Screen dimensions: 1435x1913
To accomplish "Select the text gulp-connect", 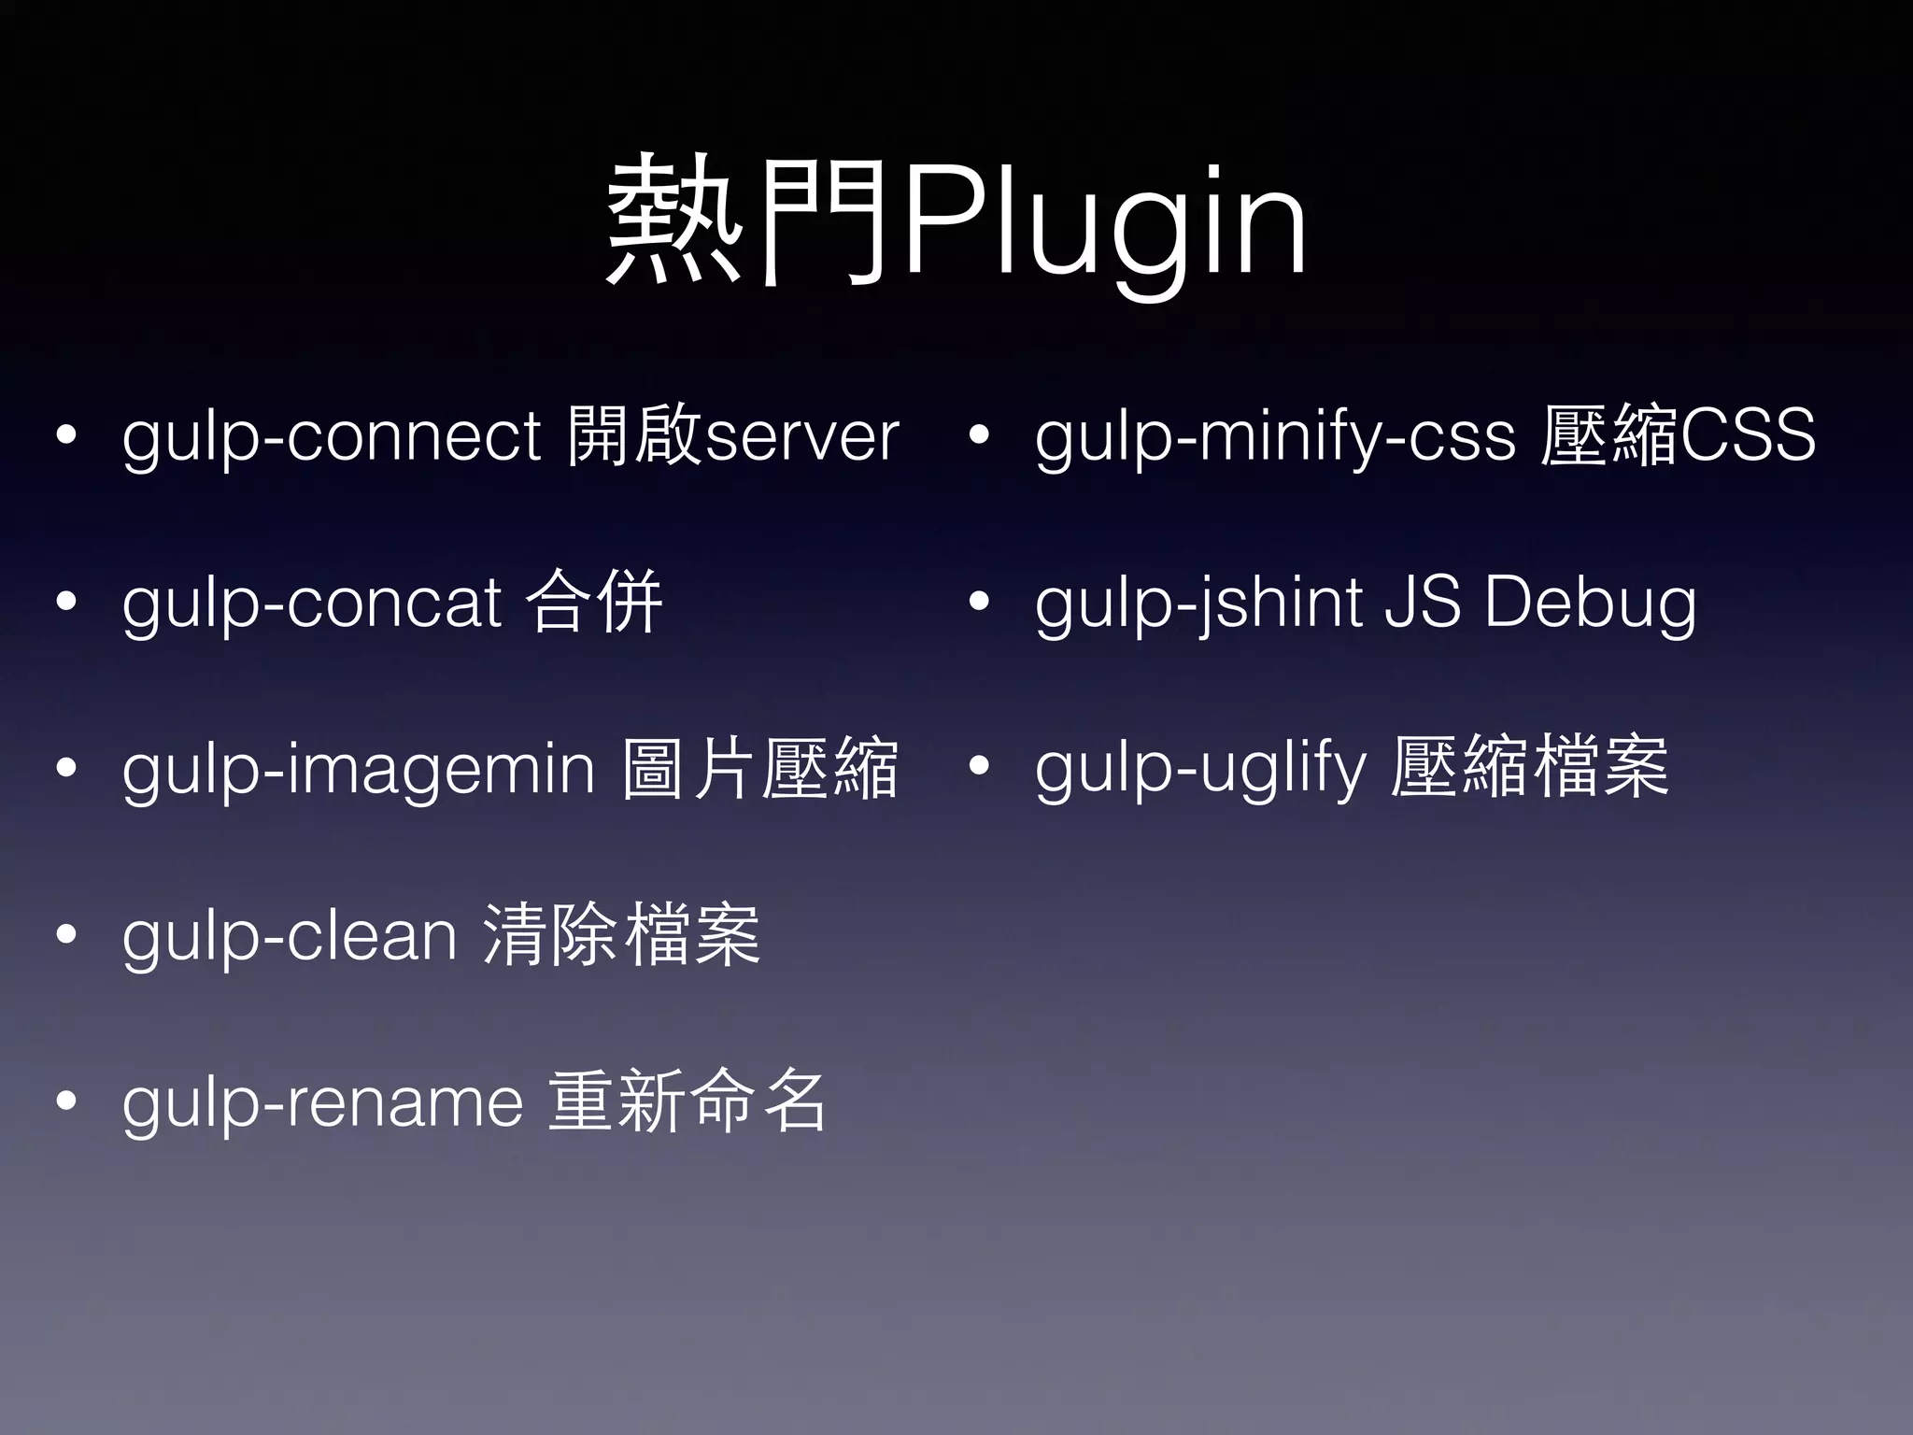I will click(331, 437).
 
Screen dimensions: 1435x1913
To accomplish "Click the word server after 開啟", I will click(801, 437).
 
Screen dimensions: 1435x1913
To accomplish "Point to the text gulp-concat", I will click(312, 604).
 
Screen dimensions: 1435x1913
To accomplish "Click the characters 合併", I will click(594, 602).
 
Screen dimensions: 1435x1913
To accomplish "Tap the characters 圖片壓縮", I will click(758, 768).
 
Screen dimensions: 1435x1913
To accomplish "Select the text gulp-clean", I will click(290, 936).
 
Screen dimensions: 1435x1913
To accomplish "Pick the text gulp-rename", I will click(322, 1102).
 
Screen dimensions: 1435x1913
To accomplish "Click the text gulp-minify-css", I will click(1275, 437).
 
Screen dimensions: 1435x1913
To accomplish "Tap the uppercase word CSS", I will click(1747, 435).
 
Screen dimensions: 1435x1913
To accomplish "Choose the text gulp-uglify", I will click(1199, 770).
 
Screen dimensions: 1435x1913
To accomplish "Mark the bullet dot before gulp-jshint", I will click(978, 602).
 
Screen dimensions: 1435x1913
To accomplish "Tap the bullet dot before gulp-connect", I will click(65, 435).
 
